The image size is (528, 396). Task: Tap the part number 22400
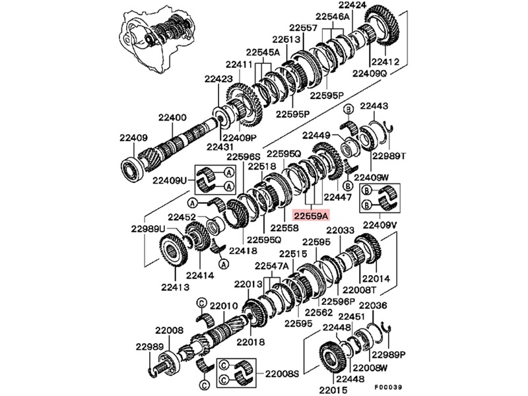tap(172, 117)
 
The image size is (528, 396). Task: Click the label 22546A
tap(332, 16)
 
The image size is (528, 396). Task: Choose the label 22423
tap(218, 79)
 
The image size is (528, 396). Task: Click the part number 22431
tap(220, 146)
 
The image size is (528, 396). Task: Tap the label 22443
tap(374, 106)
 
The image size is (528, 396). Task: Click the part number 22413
tap(175, 287)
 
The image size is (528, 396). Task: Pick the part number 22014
tap(376, 279)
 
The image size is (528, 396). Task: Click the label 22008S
tap(282, 374)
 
